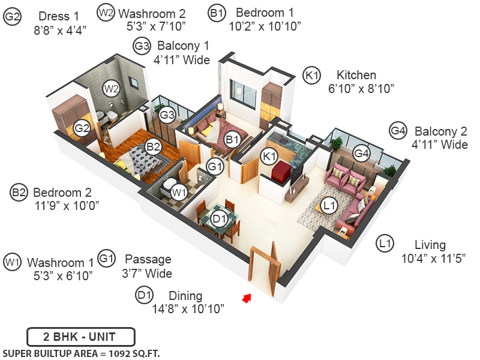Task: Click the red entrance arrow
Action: click(245, 297)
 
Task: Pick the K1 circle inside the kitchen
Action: click(269, 156)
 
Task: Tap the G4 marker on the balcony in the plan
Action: click(361, 152)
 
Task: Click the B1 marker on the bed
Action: click(232, 140)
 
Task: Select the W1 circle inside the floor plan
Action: click(178, 193)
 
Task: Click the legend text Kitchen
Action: click(356, 76)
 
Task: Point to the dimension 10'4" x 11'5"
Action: click(433, 259)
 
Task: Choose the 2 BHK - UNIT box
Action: click(80, 337)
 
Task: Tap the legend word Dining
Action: click(185, 296)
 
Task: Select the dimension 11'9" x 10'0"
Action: click(66, 205)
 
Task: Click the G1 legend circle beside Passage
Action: click(107, 259)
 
